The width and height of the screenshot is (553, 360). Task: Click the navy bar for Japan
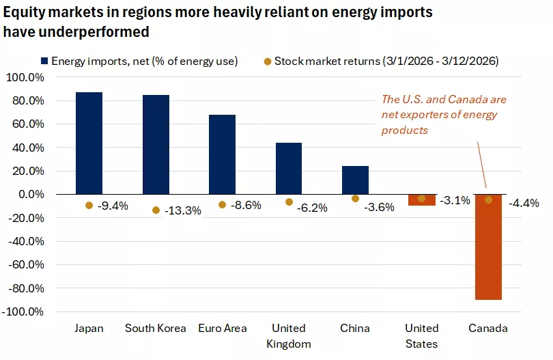pos(89,143)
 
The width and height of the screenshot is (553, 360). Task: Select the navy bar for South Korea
pos(156,144)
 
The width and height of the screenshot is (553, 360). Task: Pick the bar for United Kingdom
pos(288,168)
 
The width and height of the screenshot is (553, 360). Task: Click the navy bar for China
pos(355,180)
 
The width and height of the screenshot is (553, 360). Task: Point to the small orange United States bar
pos(421,199)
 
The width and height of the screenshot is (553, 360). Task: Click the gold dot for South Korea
pos(156,210)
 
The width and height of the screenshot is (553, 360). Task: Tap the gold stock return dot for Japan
pos(89,205)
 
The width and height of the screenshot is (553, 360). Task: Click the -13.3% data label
pos(183,210)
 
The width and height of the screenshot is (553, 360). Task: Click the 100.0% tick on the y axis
pos(25,77)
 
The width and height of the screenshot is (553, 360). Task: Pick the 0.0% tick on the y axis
pos(29,194)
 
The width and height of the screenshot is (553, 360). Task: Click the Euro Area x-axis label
pos(222,328)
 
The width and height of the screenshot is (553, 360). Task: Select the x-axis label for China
pos(355,328)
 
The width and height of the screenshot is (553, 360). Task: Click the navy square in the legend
pos(46,61)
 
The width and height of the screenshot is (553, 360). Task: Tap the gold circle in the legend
pos(268,61)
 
